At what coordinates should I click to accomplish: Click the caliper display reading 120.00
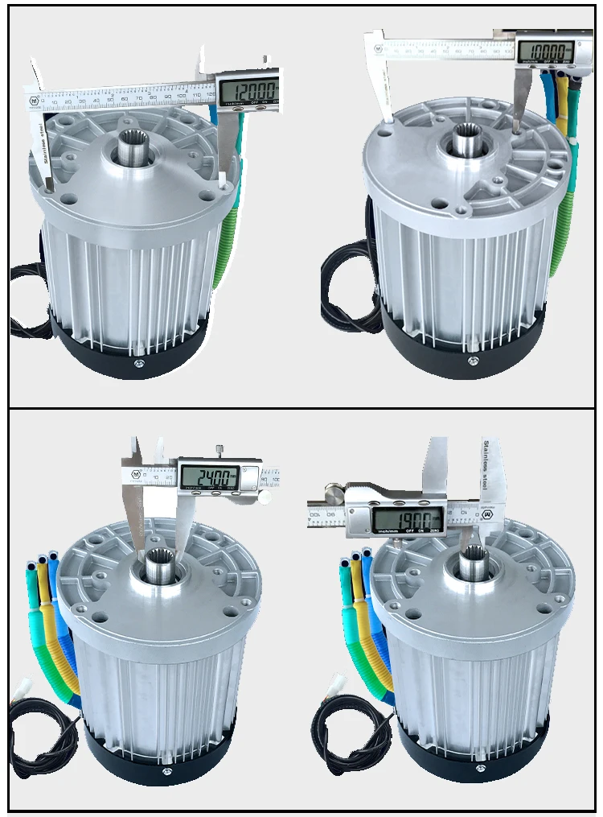click(249, 90)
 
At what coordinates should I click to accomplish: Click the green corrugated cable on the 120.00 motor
click(225, 241)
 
